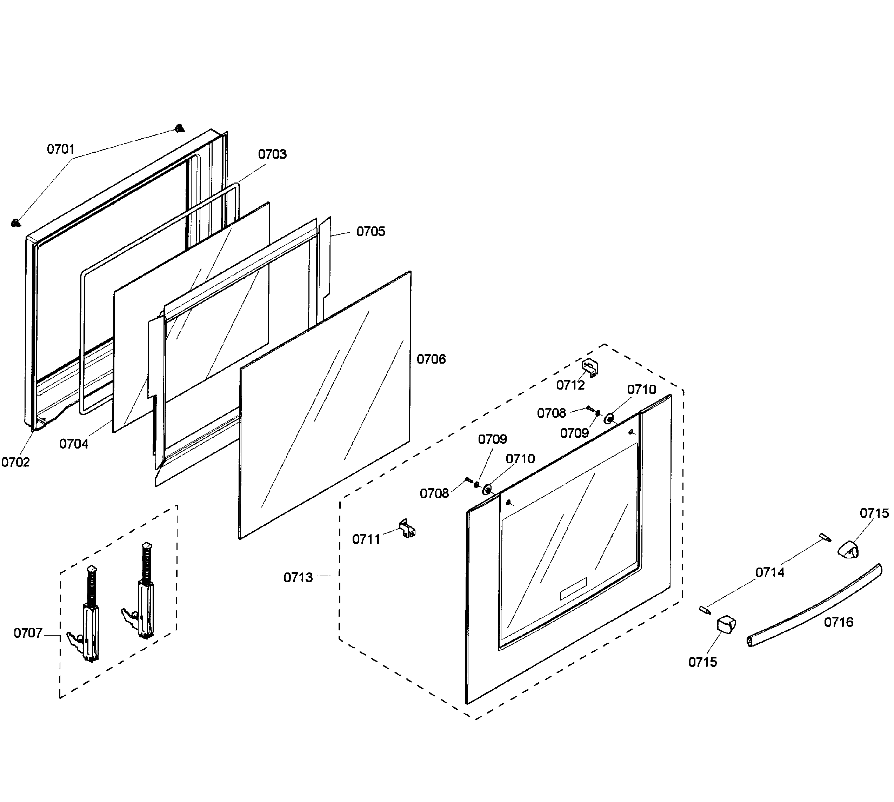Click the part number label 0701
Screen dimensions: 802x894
61,150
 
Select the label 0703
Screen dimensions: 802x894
272,154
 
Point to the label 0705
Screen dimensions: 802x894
371,232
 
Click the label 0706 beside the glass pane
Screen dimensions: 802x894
431,359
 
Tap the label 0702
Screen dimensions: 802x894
15,462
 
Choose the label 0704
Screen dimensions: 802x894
74,444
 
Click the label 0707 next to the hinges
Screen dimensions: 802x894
28,633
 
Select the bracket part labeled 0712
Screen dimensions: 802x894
590,367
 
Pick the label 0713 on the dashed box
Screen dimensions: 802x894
298,577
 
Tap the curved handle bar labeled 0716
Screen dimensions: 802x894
815,606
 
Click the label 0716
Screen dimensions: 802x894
839,622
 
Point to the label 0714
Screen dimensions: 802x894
769,572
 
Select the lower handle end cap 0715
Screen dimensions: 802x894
726,624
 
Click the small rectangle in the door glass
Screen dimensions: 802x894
573,588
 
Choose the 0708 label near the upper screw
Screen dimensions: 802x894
551,413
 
